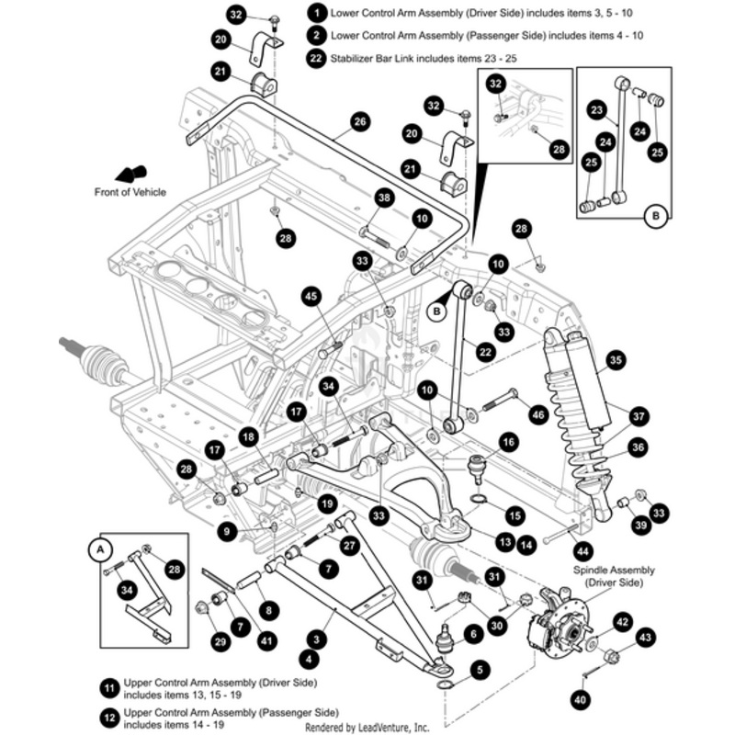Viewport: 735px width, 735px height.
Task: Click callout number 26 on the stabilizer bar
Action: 359,120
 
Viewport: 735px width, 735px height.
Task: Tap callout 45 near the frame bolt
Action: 311,295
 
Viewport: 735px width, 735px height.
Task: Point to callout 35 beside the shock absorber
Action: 615,359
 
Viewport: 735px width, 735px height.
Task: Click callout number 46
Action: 538,415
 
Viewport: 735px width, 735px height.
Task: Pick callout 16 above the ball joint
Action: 508,442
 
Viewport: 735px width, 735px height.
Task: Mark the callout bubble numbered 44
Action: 581,551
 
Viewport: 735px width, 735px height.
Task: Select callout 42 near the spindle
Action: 622,621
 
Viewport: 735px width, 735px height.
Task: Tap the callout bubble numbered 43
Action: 646,638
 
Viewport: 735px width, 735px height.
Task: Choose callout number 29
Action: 220,642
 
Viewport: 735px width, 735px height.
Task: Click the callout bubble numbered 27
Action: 347,544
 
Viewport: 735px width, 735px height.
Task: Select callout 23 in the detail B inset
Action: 597,110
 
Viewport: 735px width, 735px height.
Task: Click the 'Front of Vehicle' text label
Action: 130,192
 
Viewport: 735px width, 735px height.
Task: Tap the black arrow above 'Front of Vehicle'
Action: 131,174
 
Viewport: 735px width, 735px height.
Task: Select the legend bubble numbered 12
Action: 110,714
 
